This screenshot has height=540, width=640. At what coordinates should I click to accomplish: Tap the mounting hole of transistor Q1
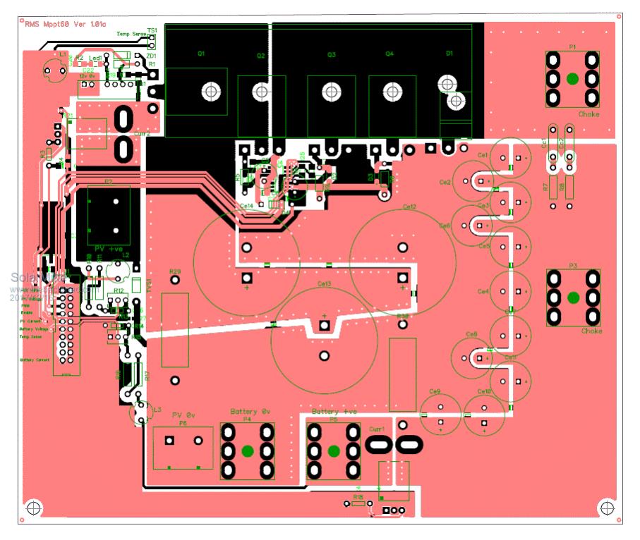[209, 91]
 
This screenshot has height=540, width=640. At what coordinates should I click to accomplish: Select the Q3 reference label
[331, 54]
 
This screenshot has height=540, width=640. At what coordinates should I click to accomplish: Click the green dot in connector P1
[572, 78]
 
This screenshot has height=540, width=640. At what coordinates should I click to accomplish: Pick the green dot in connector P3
[572, 297]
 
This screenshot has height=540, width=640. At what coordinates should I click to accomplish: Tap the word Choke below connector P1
[589, 113]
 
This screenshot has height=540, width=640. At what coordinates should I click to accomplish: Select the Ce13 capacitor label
[325, 284]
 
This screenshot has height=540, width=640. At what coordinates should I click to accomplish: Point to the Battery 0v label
[250, 411]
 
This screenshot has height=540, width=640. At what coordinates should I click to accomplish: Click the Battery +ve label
[334, 411]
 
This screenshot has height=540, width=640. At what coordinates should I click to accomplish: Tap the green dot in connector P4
[248, 451]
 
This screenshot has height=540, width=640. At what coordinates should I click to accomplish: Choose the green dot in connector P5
[334, 451]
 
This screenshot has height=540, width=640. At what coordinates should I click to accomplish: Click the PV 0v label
[184, 415]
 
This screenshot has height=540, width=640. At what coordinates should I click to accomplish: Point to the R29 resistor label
[175, 271]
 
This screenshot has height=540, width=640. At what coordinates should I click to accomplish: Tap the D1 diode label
[449, 54]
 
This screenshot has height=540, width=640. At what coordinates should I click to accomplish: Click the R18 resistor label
[358, 497]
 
